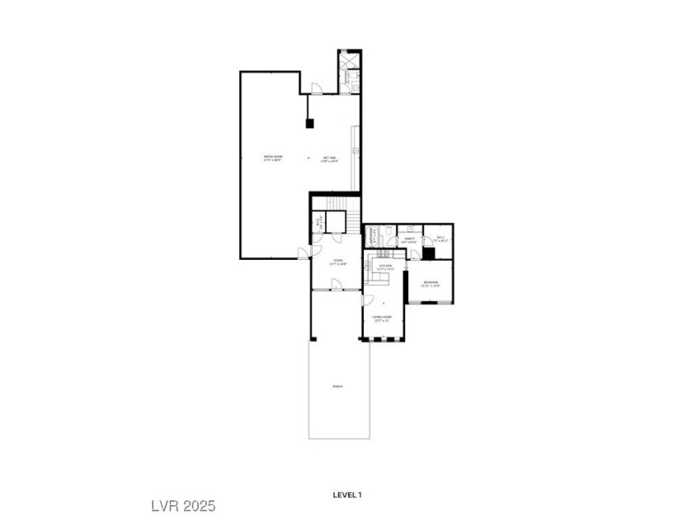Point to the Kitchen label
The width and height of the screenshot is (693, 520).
click(385, 267)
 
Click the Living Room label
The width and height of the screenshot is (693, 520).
click(381, 318)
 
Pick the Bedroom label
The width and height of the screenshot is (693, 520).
click(431, 283)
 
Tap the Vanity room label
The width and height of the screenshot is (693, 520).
click(408, 240)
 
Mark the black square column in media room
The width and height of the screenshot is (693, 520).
click(310, 124)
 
